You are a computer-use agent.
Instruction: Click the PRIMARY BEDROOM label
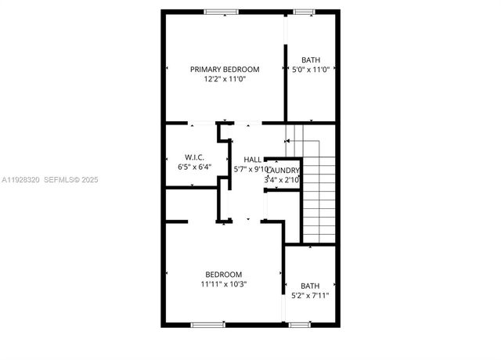tap(225, 69)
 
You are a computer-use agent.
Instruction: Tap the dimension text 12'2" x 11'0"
tap(225, 79)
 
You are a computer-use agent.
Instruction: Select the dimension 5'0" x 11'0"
tap(311, 70)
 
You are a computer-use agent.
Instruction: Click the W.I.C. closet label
tap(195, 157)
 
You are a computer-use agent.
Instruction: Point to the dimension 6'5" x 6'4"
tap(195, 167)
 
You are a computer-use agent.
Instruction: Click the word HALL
tap(253, 160)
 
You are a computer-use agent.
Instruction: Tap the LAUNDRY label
tap(283, 170)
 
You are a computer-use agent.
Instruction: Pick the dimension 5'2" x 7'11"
tap(311, 296)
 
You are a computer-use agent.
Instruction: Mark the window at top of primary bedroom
tap(222, 11)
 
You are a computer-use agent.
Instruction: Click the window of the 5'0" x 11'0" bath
tap(302, 11)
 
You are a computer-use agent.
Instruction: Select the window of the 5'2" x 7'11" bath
tap(299, 324)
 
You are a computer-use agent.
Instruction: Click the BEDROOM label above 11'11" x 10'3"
tap(224, 274)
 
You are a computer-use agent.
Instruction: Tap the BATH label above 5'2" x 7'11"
tap(311, 286)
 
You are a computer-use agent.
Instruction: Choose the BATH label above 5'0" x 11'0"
tap(311, 59)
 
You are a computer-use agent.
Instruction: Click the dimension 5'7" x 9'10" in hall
tap(252, 170)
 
